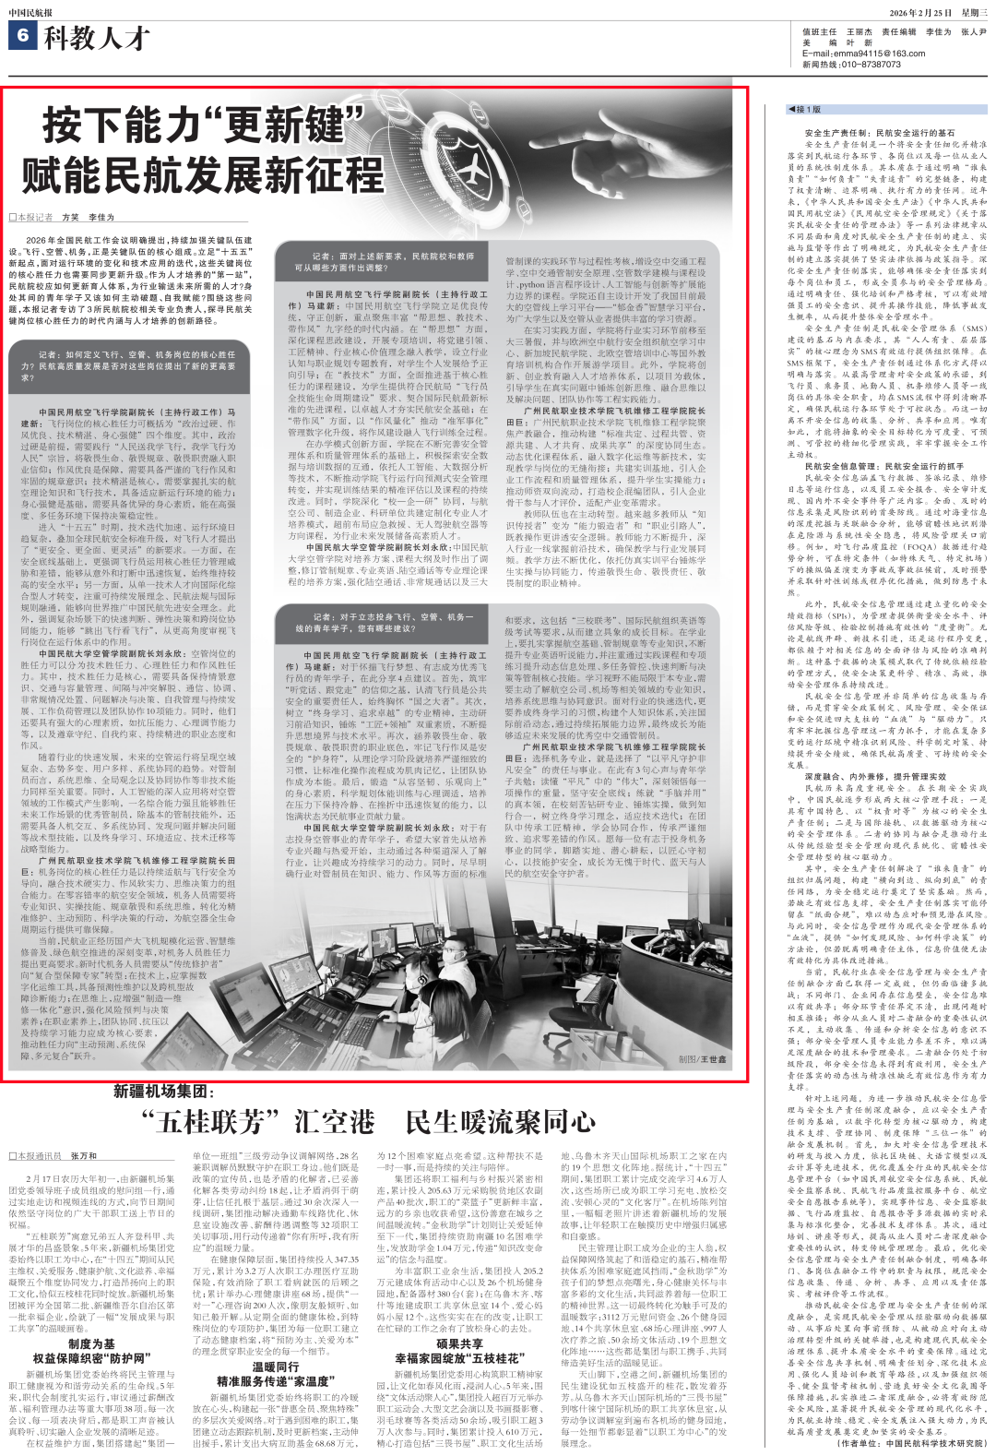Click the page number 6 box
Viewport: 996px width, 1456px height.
23,37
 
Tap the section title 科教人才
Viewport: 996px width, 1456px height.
97,38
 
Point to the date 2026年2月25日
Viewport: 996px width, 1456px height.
920,13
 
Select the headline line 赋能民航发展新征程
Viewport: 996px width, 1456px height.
203,174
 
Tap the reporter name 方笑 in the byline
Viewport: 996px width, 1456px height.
70,218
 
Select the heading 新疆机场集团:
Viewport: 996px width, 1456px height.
164,1092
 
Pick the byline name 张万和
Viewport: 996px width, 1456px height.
83,1155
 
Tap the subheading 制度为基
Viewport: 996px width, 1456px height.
91,1344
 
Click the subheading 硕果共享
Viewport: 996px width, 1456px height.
459,1343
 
